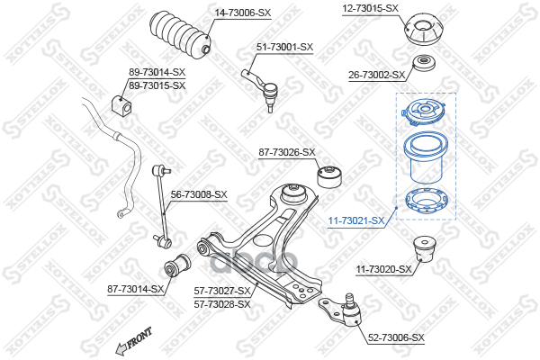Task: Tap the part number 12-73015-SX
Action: [x=370, y=8]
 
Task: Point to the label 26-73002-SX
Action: [x=376, y=76]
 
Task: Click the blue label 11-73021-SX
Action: [x=355, y=220]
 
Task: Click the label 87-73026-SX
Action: [x=287, y=152]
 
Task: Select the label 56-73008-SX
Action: [x=199, y=194]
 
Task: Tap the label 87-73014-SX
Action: [x=135, y=289]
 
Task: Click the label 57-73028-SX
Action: [x=222, y=304]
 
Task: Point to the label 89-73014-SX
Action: [x=157, y=72]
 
